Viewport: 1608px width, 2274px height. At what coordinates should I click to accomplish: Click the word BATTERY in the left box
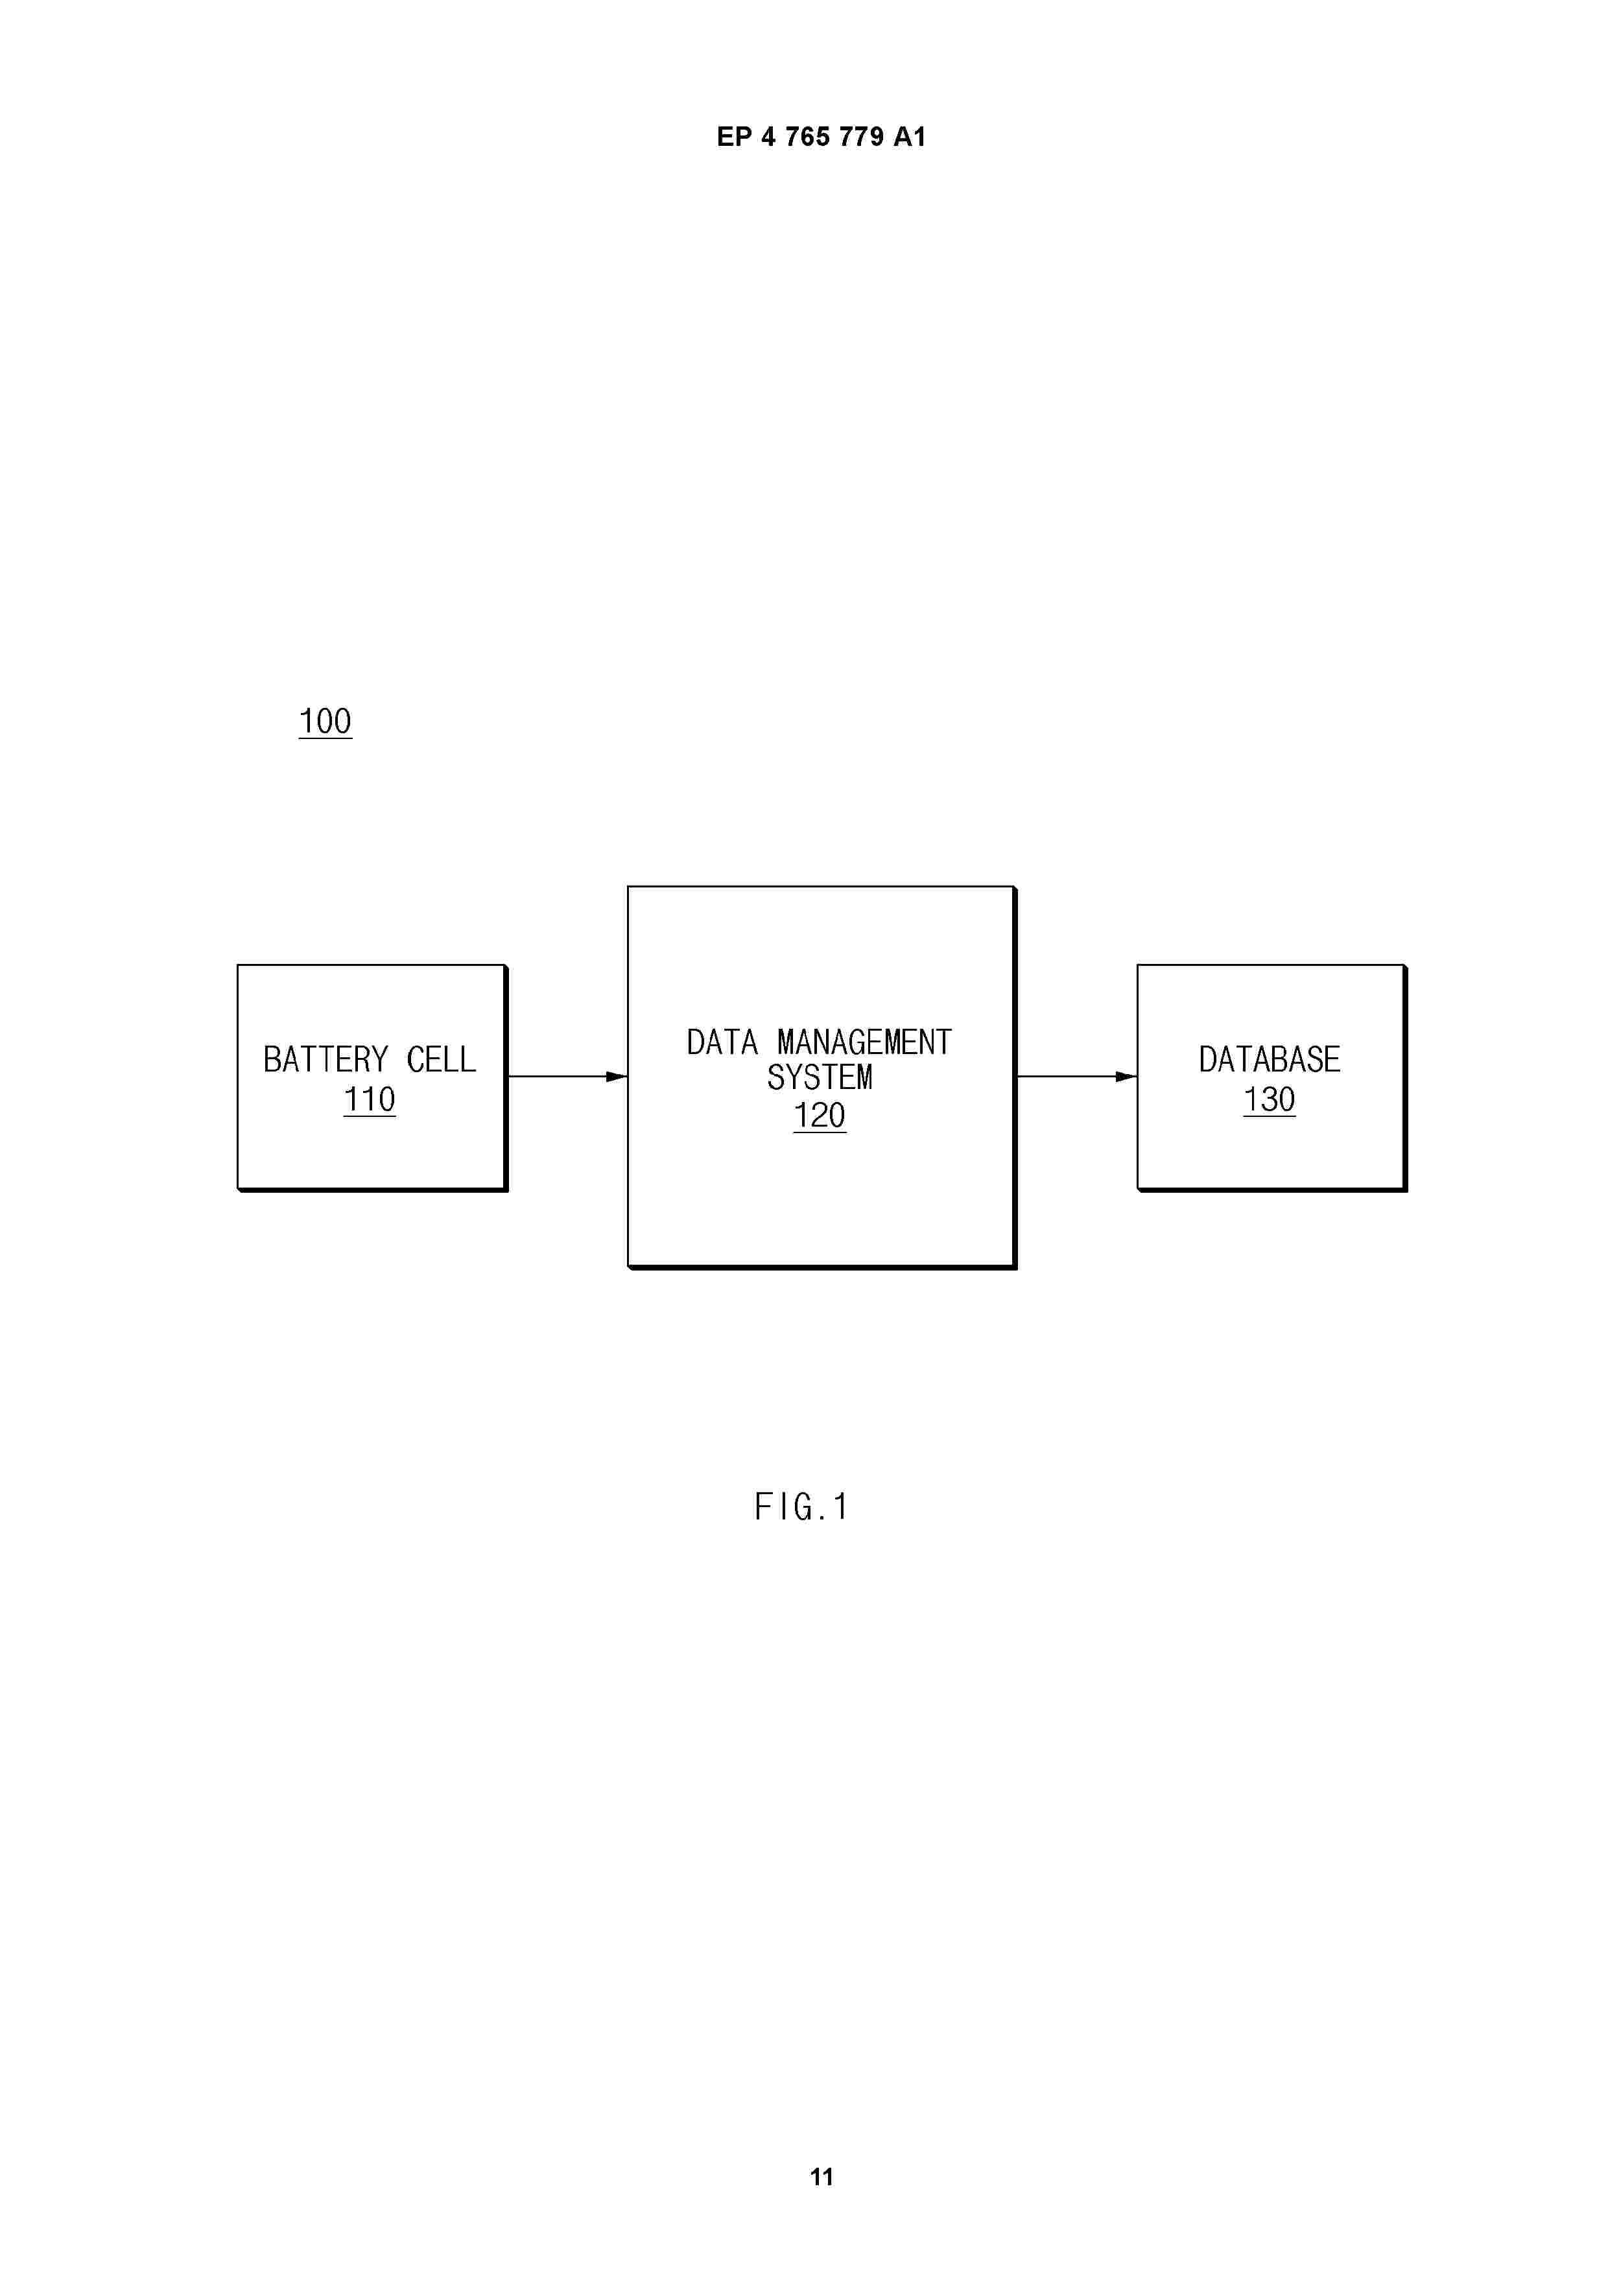click(x=325, y=1060)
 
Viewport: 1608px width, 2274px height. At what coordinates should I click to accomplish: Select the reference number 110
click(x=370, y=1099)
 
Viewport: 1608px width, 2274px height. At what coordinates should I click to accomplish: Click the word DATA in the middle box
click(x=722, y=1042)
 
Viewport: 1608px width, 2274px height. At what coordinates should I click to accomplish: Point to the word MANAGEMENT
click(x=865, y=1042)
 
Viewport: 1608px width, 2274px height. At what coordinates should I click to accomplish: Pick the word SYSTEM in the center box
click(x=820, y=1077)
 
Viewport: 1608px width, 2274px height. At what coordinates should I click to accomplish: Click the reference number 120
click(x=820, y=1115)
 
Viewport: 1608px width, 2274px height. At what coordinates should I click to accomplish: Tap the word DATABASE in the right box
click(x=1269, y=1060)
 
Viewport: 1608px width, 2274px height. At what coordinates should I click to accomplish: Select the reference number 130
click(x=1269, y=1099)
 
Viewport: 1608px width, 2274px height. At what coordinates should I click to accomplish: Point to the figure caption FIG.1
click(x=801, y=1506)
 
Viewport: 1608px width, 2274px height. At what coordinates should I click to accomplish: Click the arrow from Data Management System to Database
click(x=1077, y=1077)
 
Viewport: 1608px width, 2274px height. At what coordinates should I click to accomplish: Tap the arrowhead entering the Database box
click(x=1126, y=1077)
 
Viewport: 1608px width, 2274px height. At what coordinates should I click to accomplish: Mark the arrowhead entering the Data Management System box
click(x=616, y=1077)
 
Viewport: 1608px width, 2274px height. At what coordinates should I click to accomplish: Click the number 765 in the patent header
click(x=807, y=137)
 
